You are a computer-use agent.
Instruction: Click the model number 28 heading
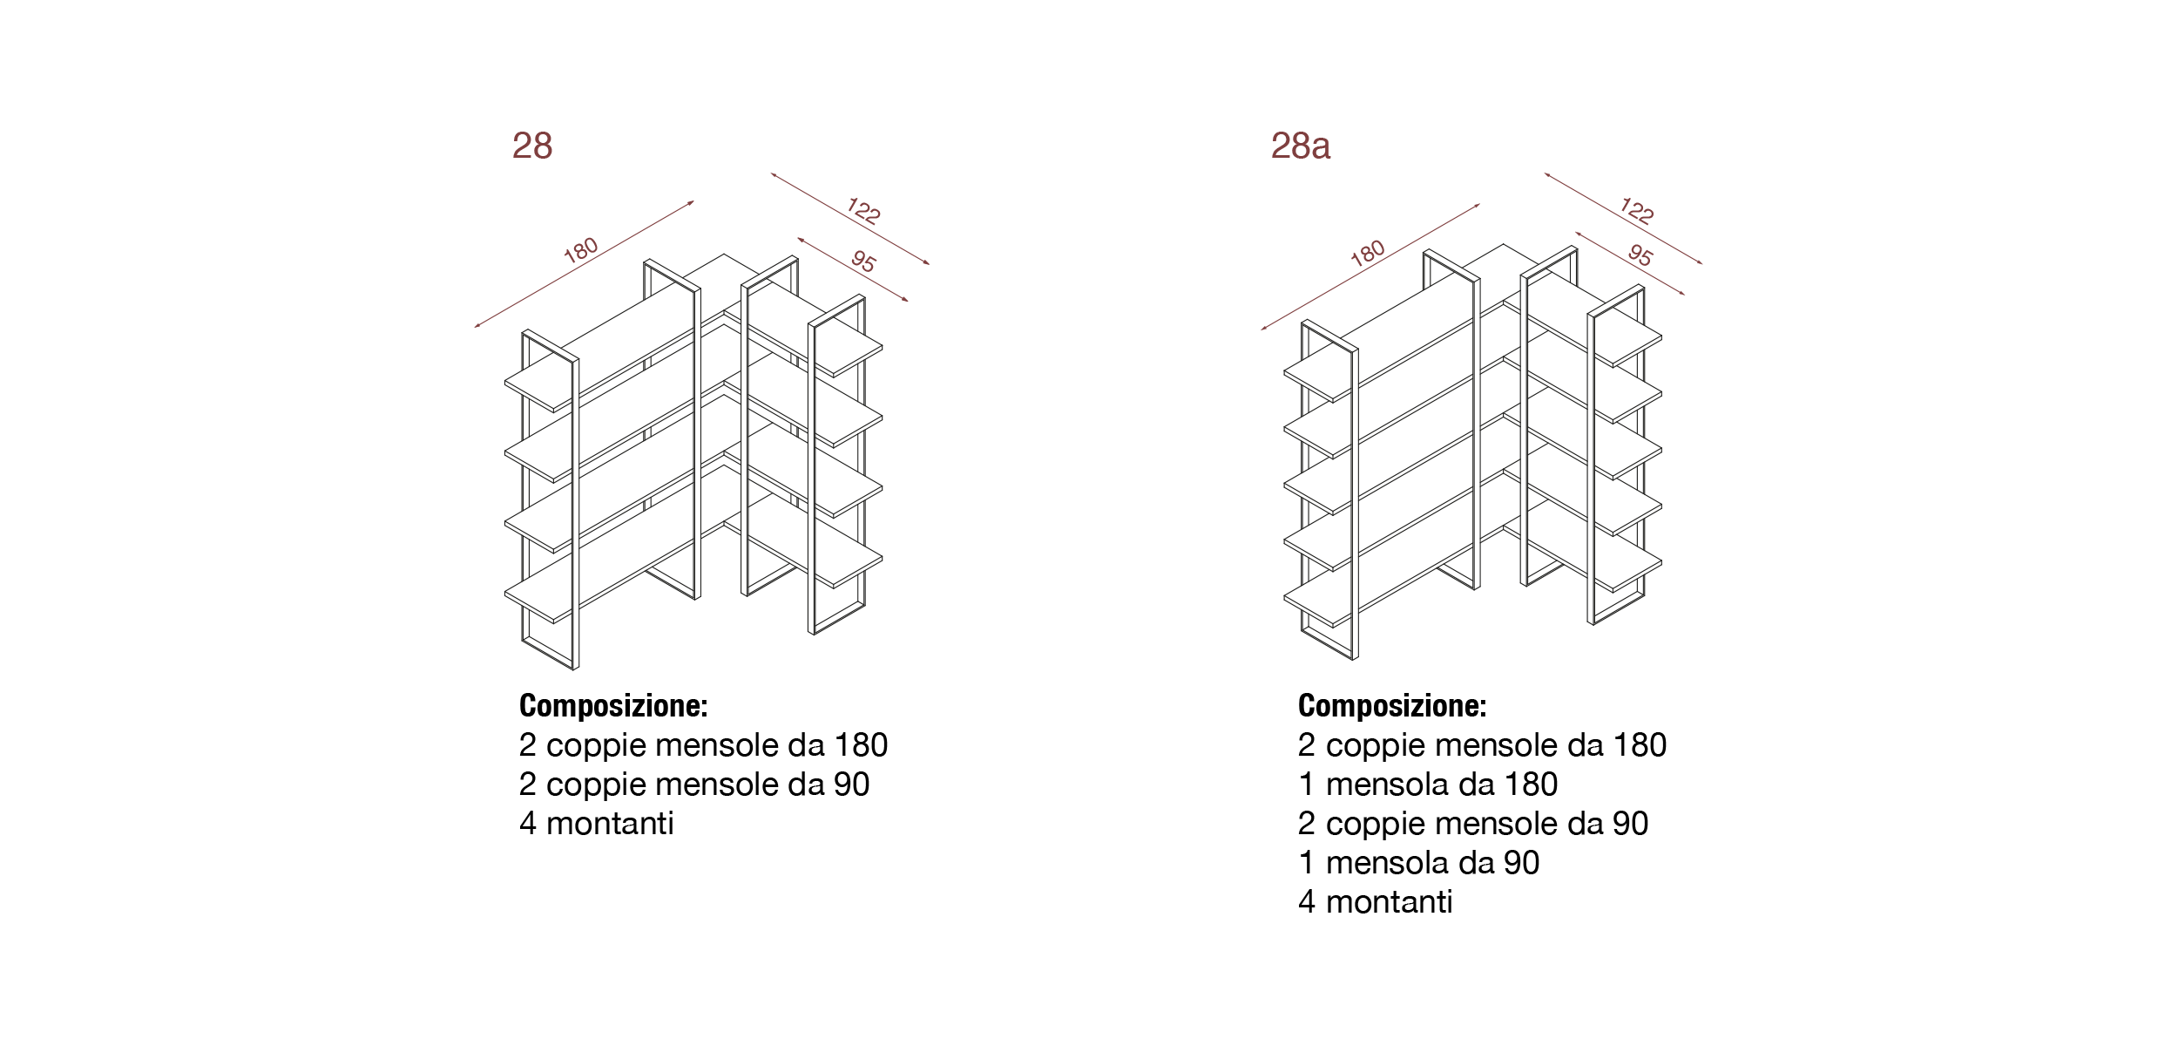coord(532,146)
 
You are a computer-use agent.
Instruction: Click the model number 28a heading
coord(1301,146)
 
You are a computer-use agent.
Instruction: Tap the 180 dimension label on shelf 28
coord(581,250)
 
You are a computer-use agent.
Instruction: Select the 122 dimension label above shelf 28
coord(863,211)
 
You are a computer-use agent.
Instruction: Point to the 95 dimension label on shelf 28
coord(863,261)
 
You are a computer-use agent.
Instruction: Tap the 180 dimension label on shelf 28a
coord(1368,253)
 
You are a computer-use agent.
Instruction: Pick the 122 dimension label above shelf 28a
coord(1637,211)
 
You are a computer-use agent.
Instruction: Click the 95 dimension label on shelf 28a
coord(1640,255)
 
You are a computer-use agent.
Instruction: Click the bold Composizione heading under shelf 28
coord(613,706)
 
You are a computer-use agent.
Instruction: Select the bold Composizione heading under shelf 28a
coord(1392,706)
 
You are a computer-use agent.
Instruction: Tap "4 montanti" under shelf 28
coord(597,824)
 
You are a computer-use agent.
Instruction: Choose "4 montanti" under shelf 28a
coord(1376,902)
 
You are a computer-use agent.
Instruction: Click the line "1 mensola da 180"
coord(1428,784)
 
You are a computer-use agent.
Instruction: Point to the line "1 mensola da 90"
coord(1419,863)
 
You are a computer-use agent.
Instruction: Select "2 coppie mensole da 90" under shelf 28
coord(694,784)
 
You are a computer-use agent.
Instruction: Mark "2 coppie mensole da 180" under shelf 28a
coord(1482,745)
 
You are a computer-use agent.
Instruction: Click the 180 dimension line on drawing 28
coord(585,264)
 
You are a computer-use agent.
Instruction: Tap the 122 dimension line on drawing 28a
coord(1623,218)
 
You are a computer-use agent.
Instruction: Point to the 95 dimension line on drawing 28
coord(853,269)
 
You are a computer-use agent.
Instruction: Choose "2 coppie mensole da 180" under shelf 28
coord(703,745)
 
